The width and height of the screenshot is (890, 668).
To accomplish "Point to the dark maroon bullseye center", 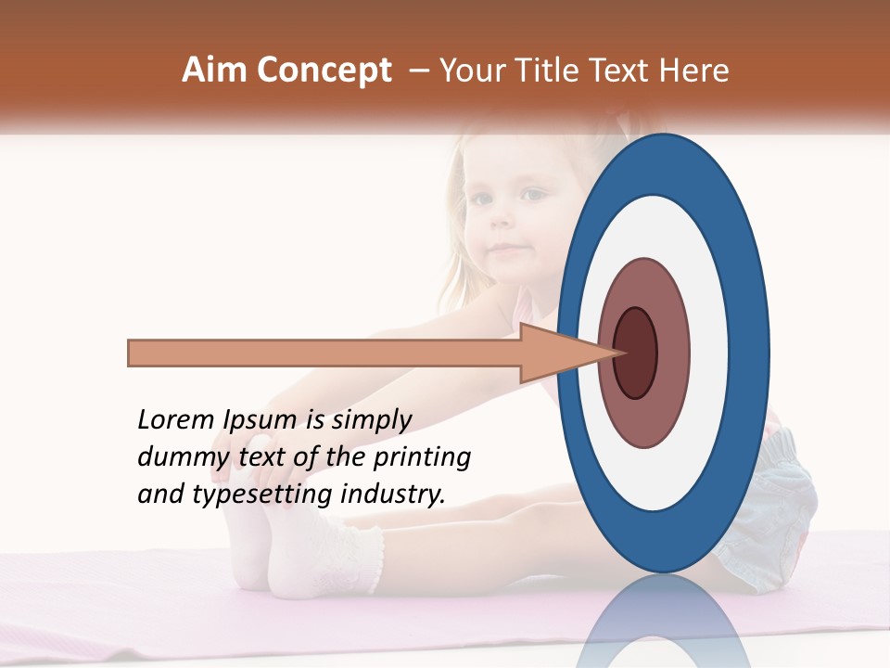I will click(x=635, y=353).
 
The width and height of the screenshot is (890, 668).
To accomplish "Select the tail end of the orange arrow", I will click(x=131, y=353).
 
